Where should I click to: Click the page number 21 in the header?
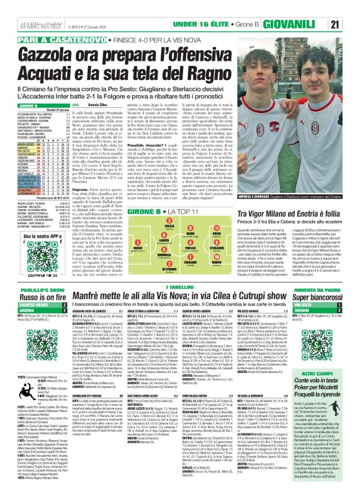(x=351, y=24)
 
